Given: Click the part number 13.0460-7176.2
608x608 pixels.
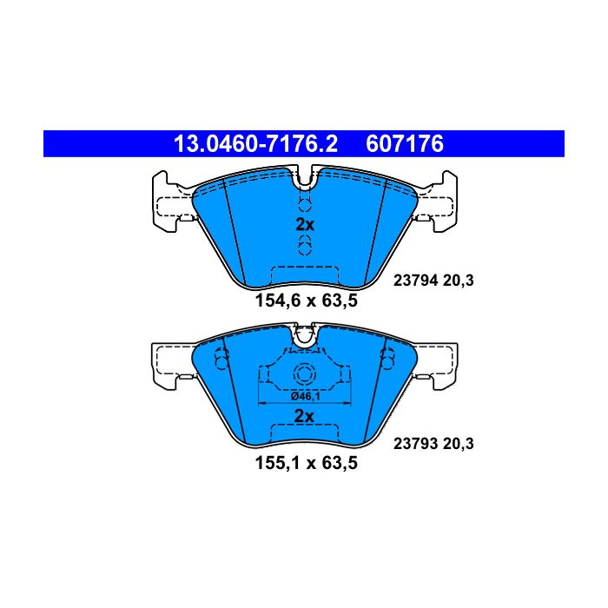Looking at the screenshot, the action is coord(255,144).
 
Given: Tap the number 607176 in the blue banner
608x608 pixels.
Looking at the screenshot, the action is coord(405,144).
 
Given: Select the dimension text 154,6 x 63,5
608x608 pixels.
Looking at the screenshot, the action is coord(307,301).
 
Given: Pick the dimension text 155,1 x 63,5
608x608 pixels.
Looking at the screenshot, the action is coord(307,463).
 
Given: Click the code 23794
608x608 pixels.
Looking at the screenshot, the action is coord(416,281).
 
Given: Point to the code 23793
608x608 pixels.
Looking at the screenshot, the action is coord(416,444).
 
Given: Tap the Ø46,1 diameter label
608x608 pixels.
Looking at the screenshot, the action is coord(305,396).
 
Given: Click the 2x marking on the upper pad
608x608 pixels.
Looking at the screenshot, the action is coord(305,224).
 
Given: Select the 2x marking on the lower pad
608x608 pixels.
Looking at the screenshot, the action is coord(304,416).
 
